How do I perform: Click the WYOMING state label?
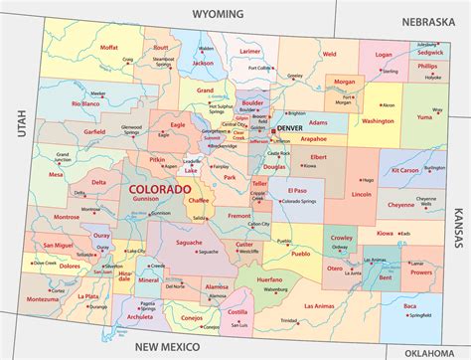pos(217,15)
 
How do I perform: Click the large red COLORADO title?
pos(158,188)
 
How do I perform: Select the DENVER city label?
pos(290,129)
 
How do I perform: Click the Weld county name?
pos(329,54)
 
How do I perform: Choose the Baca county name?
pos(409,307)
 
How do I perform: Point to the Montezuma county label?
pos(43,298)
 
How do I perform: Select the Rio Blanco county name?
pos(86,103)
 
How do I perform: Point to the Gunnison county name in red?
pos(144,198)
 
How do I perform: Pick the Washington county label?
pos(378,121)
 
